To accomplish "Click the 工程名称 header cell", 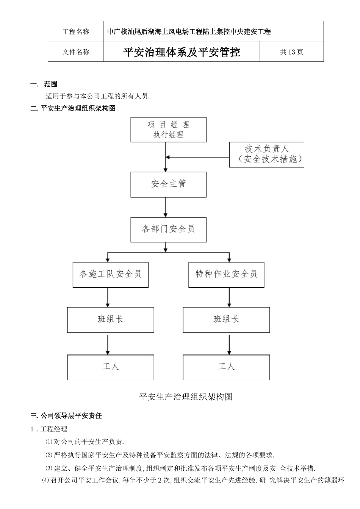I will tap(76, 31).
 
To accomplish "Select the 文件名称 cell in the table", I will tap(76, 52).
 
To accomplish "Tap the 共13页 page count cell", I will tap(291, 52).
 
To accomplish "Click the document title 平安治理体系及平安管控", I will tap(182, 52).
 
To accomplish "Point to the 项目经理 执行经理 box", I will tap(168, 130).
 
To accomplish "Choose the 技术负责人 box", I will tap(267, 154).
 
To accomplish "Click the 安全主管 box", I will tap(168, 184).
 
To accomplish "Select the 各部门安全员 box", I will tap(168, 229).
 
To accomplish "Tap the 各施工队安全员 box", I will tap(110, 274).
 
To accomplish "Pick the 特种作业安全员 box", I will tap(226, 274).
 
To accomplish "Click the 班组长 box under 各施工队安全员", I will tap(110, 320).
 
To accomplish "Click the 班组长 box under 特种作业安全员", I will tap(226, 320).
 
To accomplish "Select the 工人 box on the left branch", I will tap(110, 367).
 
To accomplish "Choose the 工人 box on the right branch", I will tap(226, 367).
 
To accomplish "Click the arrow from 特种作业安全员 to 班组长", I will tap(229, 297).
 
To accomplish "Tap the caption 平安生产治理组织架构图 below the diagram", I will tap(186, 397).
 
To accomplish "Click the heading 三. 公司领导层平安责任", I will tap(66, 415).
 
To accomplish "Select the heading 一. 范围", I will tap(44, 84).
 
